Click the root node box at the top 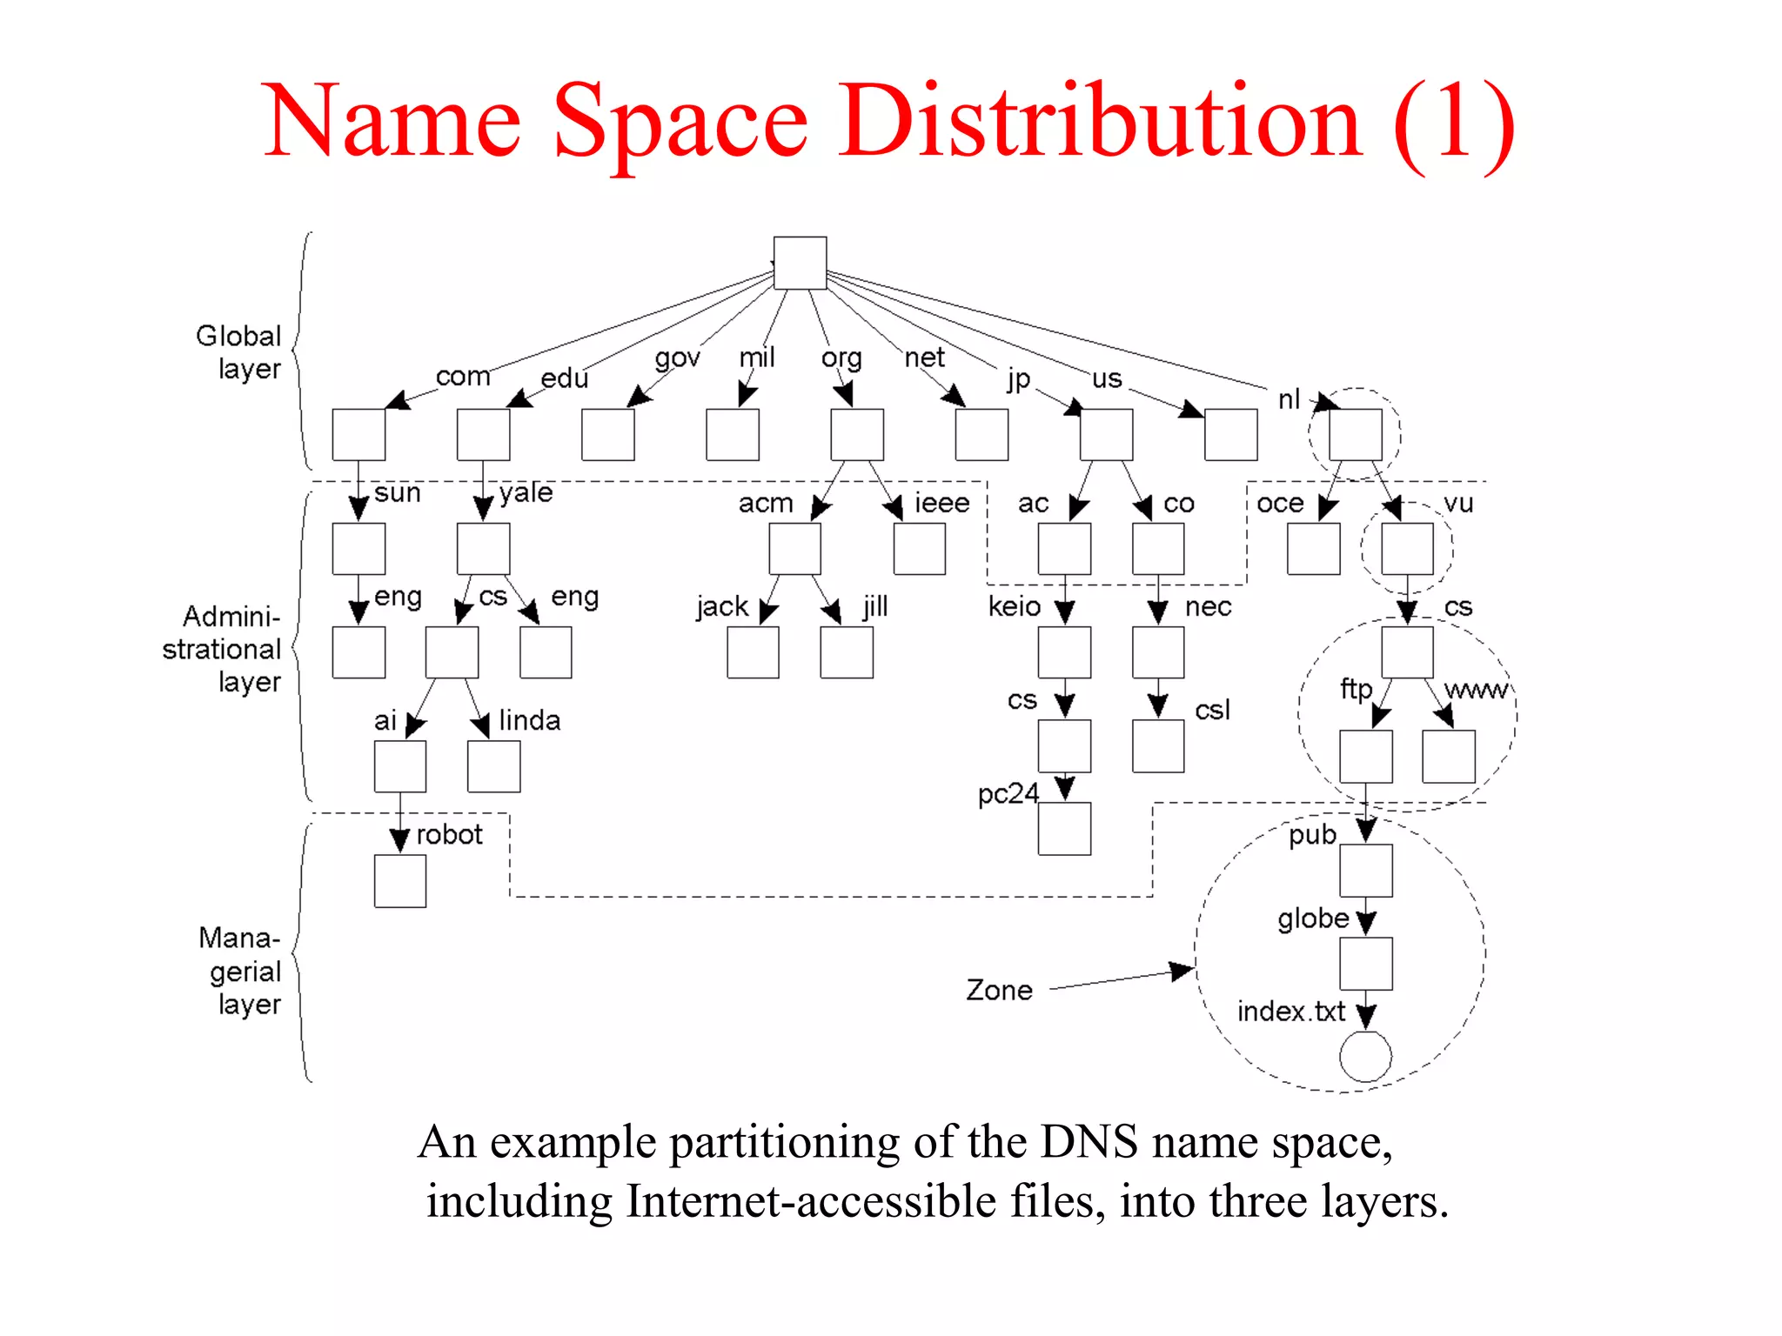(800, 263)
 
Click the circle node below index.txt (1365, 1056)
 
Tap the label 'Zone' (999, 990)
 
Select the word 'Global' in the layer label (238, 336)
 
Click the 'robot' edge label (449, 834)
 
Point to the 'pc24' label (1008, 793)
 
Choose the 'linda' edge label (529, 720)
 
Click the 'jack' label (722, 605)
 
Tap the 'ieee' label (941, 503)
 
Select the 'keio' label (1014, 605)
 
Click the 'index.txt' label (1290, 1012)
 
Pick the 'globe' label (1312, 918)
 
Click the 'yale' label (526, 492)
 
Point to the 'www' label (1476, 690)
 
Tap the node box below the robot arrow (400, 881)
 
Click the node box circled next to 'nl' (1355, 435)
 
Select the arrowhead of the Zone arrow (1182, 970)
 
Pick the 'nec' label (1208, 605)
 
